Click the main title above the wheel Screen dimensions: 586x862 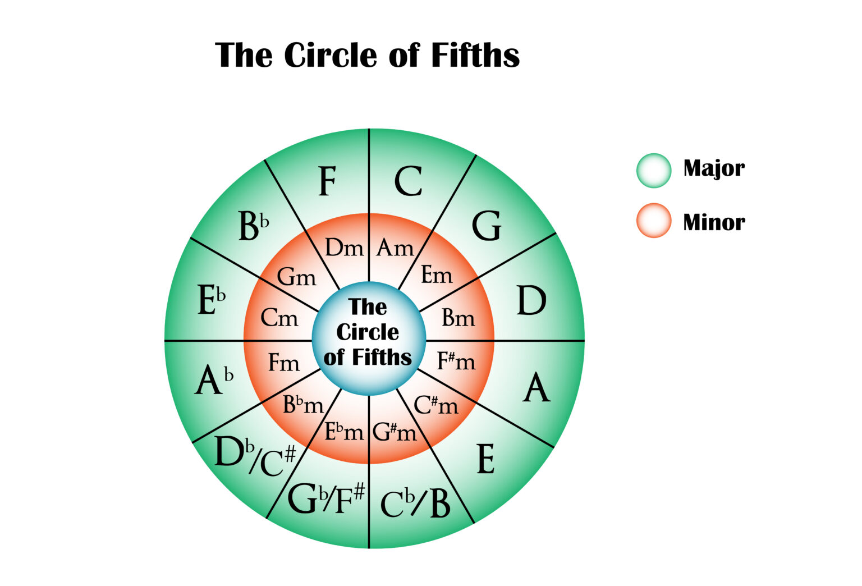click(368, 55)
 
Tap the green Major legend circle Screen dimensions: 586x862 click(654, 170)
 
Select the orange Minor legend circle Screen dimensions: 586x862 click(654, 221)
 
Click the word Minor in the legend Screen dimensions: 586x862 click(714, 223)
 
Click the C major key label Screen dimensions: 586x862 click(408, 181)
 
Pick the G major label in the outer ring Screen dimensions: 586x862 click(486, 226)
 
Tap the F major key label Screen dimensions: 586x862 click(327, 181)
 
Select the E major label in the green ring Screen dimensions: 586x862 click(485, 459)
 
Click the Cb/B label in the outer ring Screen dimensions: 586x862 click(415, 503)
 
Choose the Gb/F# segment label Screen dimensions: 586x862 click(325, 498)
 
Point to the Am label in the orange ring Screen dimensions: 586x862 click(395, 248)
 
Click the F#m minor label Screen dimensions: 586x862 click(456, 361)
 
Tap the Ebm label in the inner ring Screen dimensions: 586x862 click(345, 431)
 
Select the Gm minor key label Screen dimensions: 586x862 click(296, 277)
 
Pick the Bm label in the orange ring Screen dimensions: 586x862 click(458, 318)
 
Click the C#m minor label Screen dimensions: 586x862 click(436, 404)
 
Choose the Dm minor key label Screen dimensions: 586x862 click(344, 248)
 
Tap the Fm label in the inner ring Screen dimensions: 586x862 click(284, 363)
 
